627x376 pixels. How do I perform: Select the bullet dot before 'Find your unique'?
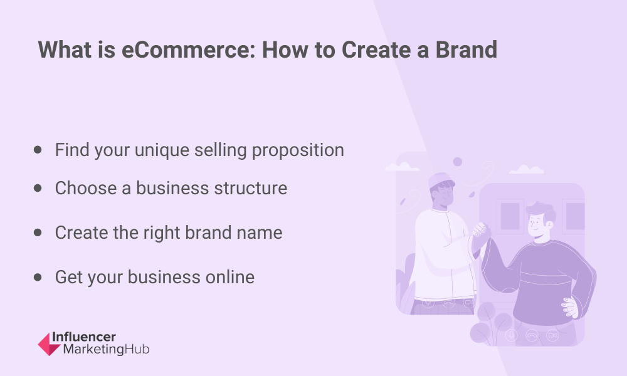tap(38, 150)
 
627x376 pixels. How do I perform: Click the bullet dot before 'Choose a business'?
tap(38, 188)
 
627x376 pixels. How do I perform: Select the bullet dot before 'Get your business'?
tap(38, 277)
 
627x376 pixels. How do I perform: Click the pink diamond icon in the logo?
tap(50, 343)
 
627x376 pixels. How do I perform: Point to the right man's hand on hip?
tap(570, 308)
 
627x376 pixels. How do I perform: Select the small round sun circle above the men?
tap(458, 162)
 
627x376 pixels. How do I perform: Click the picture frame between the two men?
tap(509, 216)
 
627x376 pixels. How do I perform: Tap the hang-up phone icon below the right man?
tap(531, 336)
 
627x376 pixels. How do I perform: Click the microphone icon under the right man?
tap(510, 336)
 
